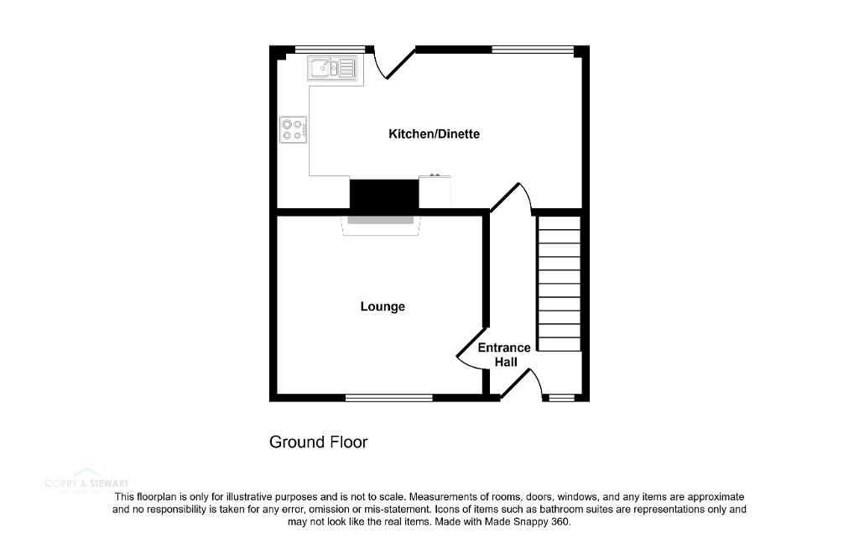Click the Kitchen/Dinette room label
(434, 134)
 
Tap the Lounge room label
(383, 306)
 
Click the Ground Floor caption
(318, 442)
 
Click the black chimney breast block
(383, 195)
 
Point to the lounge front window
(388, 397)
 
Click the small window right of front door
(559, 397)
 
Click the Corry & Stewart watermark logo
(86, 483)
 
